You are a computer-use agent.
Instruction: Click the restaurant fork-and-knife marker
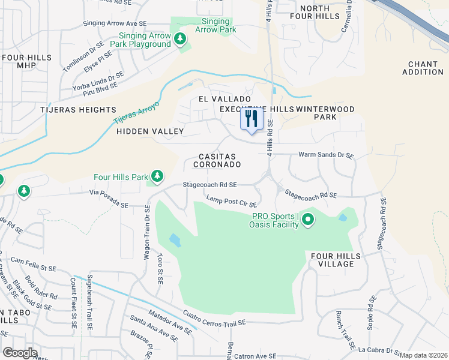coord(252,118)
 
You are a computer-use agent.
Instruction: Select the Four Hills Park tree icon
coord(157,176)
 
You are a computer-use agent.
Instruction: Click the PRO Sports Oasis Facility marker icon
coord(308,220)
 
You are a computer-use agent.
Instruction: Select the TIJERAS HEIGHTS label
coord(78,110)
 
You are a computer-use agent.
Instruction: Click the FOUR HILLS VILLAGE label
coord(336,260)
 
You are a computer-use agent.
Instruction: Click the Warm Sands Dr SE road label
coord(327,155)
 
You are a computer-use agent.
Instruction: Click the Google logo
coord(20,353)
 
